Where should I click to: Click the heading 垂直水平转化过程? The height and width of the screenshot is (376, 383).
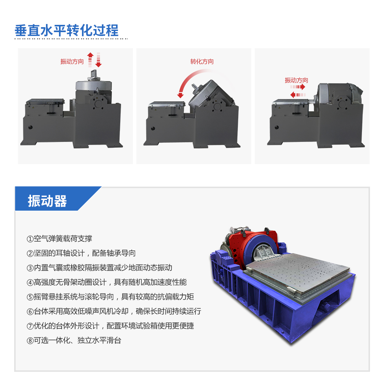(x=66, y=31)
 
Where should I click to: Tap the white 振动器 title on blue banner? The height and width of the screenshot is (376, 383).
(x=47, y=201)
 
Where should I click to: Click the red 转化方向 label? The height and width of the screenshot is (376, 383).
(x=202, y=62)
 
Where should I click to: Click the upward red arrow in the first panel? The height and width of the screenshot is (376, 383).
(x=90, y=60)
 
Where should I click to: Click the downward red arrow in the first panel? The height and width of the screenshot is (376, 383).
(x=98, y=60)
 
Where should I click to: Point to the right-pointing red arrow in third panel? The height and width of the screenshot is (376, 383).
(x=298, y=87)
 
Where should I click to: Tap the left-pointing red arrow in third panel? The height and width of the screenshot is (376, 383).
(x=298, y=95)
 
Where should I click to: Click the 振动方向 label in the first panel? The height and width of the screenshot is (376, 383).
(x=72, y=62)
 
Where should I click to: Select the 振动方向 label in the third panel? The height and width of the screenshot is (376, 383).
(x=296, y=80)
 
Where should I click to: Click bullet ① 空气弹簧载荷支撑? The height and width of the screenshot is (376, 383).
(x=59, y=239)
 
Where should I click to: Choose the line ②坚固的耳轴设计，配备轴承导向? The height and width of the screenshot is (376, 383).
(x=81, y=253)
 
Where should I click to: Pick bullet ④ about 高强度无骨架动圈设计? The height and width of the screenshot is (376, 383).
(x=106, y=282)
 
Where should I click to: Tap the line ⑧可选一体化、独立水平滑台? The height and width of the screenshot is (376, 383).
(x=74, y=340)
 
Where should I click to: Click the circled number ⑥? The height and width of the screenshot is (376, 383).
(x=30, y=312)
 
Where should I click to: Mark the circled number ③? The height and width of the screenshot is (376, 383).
(x=30, y=268)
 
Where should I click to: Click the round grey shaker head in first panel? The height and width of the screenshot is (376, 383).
(x=94, y=85)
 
